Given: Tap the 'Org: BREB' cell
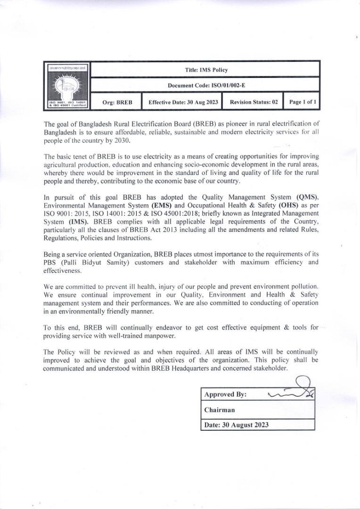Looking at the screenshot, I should [117, 102].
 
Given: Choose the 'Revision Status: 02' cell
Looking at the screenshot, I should [254, 102].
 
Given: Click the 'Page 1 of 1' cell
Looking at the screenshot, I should [303, 102].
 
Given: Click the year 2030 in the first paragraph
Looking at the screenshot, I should [120, 141].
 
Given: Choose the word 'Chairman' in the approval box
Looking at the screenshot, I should [220, 410].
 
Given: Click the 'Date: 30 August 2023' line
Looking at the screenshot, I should [237, 425].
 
